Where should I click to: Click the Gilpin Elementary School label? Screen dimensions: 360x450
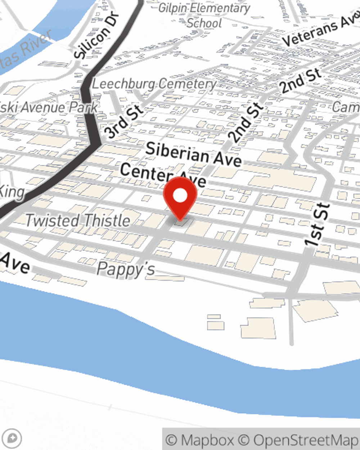pyautogui.click(x=204, y=15)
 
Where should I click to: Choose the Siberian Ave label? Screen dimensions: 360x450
pyautogui.click(x=193, y=154)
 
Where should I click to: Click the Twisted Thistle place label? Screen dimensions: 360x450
pyautogui.click(x=78, y=220)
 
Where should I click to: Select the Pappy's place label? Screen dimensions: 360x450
pyautogui.click(x=126, y=269)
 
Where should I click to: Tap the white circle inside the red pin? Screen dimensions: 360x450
pyautogui.click(x=180, y=195)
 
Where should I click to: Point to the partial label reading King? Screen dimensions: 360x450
pyautogui.click(x=12, y=192)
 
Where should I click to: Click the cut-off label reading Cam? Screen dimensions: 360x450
pyautogui.click(x=346, y=107)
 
